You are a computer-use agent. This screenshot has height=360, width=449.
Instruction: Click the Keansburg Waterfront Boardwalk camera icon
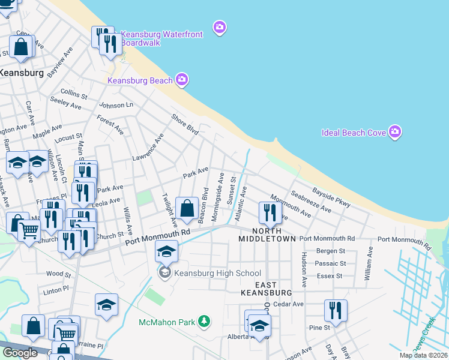click(x=220, y=27)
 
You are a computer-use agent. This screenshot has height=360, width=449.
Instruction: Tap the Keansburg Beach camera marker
click(x=182, y=80)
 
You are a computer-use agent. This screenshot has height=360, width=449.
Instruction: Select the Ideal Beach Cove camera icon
click(x=394, y=131)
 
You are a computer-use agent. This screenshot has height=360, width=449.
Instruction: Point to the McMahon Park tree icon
click(x=205, y=322)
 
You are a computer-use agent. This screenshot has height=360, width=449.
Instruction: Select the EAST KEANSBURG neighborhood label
click(x=266, y=288)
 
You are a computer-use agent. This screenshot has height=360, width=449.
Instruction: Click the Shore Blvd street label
click(x=185, y=124)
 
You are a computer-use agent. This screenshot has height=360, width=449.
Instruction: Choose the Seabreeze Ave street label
click(x=310, y=202)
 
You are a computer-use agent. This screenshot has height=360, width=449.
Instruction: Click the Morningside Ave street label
click(x=221, y=189)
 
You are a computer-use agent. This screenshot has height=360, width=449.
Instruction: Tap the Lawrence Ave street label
click(x=148, y=148)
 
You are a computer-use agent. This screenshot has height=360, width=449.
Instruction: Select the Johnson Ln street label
click(x=116, y=105)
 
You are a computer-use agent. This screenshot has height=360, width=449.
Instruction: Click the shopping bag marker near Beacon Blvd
click(x=187, y=209)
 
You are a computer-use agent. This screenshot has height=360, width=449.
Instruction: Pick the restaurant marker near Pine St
click(x=334, y=310)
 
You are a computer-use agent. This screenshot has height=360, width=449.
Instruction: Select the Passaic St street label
click(x=331, y=263)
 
